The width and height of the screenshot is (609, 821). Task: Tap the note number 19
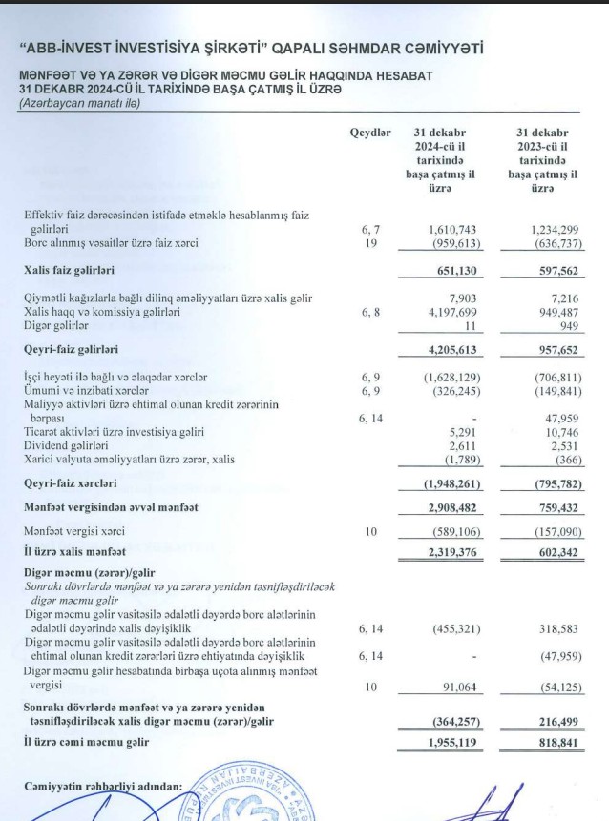pos(371,243)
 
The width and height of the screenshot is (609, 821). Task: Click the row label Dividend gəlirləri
pos(66,444)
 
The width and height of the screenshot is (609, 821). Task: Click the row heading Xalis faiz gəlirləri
pos(78,271)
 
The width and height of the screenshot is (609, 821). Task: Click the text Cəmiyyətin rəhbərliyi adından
pos(102,786)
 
